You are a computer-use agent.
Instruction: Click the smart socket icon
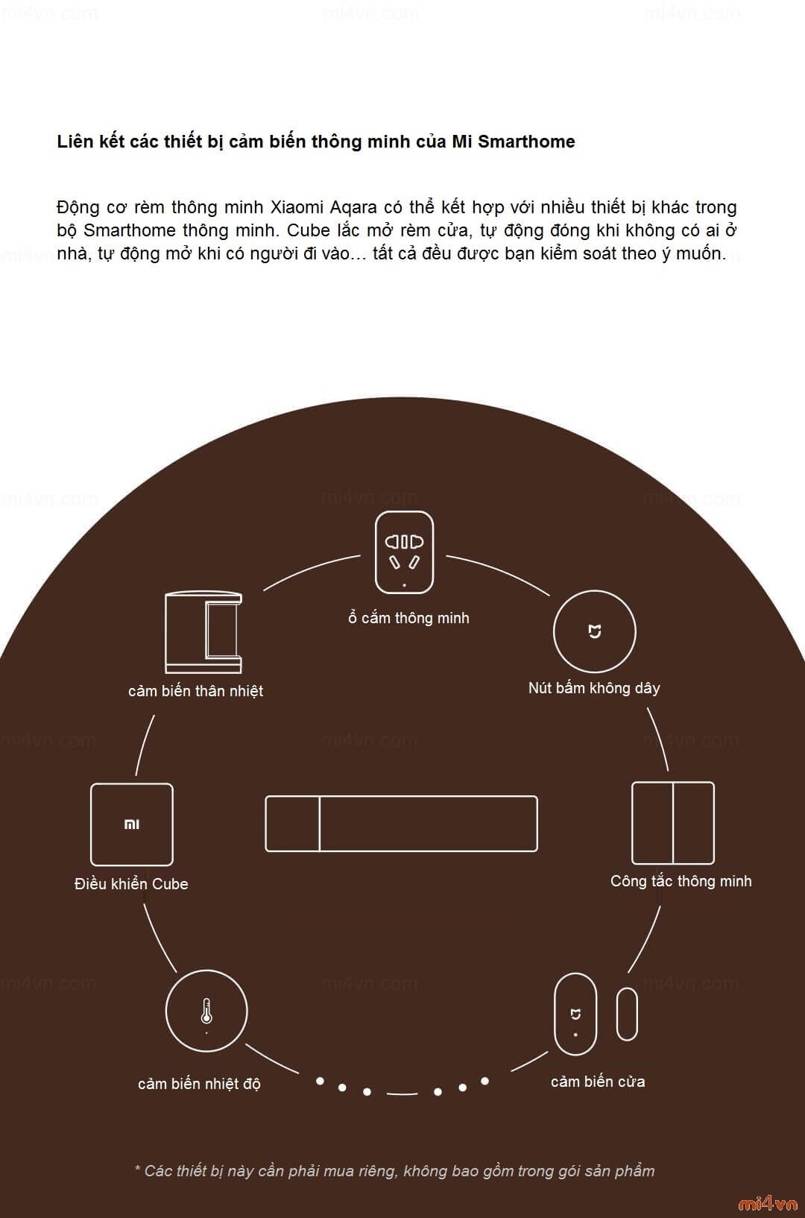pyautogui.click(x=404, y=552)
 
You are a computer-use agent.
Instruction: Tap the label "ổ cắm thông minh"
pyautogui.click(x=408, y=618)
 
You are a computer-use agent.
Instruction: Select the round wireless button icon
pyautogui.click(x=594, y=631)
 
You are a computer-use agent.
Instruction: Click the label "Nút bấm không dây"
pyautogui.click(x=594, y=688)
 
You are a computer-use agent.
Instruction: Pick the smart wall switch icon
pyautogui.click(x=672, y=823)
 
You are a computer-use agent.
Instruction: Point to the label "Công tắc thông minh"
pyautogui.click(x=681, y=881)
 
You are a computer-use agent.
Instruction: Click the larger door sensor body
pyautogui.click(x=575, y=1015)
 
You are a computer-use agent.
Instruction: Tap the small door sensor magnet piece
pyautogui.click(x=627, y=1014)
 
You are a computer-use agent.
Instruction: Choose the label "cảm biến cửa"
pyautogui.click(x=598, y=1082)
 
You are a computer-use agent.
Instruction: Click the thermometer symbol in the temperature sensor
pyautogui.click(x=206, y=1012)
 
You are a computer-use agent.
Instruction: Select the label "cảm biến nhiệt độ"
pyautogui.click(x=199, y=1084)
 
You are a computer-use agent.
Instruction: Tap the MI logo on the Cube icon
pyautogui.click(x=132, y=824)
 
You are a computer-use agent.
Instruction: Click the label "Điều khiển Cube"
pyautogui.click(x=131, y=884)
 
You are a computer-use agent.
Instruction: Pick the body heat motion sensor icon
pyautogui.click(x=203, y=632)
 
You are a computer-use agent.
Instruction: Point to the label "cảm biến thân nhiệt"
pyautogui.click(x=195, y=691)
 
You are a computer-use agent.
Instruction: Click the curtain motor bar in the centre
pyautogui.click(x=401, y=824)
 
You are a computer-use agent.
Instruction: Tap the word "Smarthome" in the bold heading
pyautogui.click(x=526, y=142)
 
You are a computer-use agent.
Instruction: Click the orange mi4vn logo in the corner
pyautogui.click(x=767, y=1203)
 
